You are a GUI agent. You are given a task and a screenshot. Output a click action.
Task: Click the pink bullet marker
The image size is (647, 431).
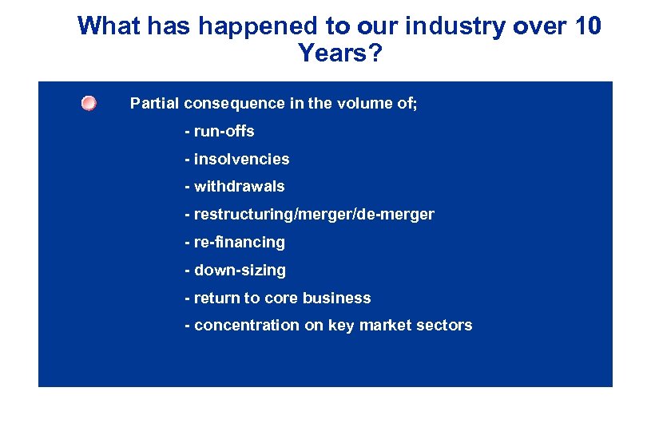point(89,104)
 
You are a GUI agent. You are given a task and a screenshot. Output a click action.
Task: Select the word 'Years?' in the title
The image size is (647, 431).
point(339,53)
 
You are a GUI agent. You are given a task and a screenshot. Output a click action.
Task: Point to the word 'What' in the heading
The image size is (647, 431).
point(108,26)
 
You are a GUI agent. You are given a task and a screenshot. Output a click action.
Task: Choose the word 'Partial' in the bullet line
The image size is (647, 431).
point(155,104)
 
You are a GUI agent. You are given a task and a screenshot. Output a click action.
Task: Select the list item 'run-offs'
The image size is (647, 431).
point(224,131)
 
